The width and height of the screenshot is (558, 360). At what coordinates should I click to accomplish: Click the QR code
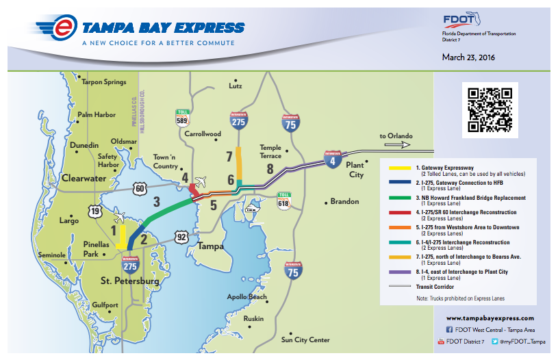489,109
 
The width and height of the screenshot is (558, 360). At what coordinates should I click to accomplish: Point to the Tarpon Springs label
104,82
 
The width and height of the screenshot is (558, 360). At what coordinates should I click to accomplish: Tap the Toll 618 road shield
283,199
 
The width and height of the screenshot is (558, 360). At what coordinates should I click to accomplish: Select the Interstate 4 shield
332,159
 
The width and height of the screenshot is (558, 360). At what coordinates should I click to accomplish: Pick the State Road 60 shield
140,188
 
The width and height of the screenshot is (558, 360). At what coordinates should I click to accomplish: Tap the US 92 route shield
181,237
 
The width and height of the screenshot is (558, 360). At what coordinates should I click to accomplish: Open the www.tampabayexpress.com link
490,318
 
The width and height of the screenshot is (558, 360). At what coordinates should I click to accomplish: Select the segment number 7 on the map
229,157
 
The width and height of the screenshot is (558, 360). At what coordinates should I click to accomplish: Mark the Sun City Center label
305,339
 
